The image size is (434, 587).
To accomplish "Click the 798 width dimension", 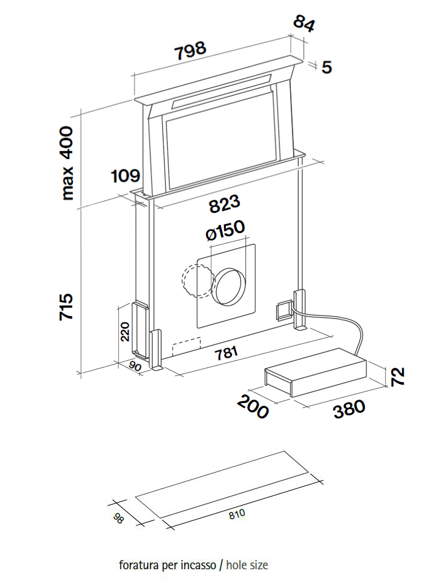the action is click(x=190, y=51).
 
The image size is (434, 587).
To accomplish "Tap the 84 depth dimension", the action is click(x=304, y=23).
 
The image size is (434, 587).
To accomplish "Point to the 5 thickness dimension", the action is click(x=327, y=67).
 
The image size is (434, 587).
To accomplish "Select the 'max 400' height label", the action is click(x=67, y=163).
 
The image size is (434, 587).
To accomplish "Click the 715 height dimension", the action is click(x=66, y=306).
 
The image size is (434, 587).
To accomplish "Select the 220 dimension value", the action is click(x=125, y=331).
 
